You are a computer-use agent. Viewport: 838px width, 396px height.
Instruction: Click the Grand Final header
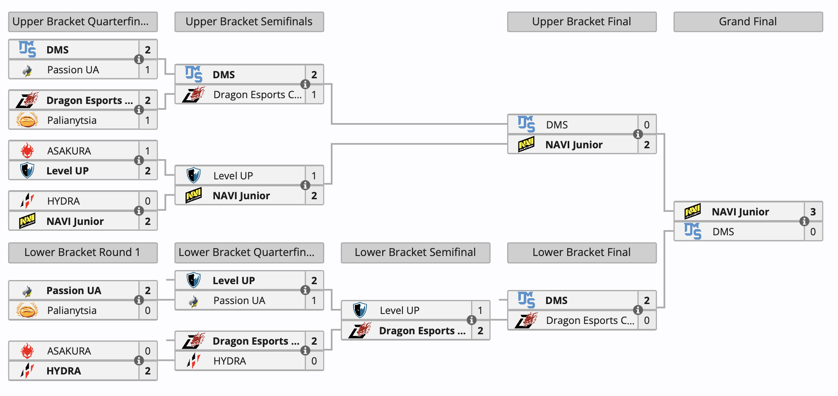pos(748,22)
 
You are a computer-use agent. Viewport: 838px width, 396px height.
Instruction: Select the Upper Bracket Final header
pos(581,22)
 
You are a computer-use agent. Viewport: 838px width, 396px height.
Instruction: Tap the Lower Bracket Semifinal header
pos(415,252)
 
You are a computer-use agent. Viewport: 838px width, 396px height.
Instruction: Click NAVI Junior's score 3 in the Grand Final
pos(813,212)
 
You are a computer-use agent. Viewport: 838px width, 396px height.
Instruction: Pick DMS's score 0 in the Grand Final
pos(813,232)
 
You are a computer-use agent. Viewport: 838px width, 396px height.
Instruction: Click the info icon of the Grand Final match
pos(804,221)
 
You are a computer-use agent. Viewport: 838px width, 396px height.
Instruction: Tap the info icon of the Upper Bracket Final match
pos(638,134)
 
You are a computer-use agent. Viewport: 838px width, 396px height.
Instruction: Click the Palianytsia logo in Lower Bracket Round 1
pos(27,310)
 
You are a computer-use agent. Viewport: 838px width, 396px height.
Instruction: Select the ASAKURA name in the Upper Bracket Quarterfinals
pos(69,151)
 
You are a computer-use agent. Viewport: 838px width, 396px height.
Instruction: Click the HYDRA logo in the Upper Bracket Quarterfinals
pos(27,201)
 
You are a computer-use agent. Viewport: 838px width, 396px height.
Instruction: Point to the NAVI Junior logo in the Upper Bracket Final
pos(526,145)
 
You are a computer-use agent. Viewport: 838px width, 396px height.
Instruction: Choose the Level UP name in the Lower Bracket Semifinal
pos(399,310)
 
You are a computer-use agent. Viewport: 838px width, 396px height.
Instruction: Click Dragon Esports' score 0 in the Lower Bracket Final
pos(646,320)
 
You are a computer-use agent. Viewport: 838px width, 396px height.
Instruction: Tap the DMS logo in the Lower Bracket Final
pos(526,300)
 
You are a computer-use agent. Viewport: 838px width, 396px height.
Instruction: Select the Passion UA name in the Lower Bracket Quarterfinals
pos(239,300)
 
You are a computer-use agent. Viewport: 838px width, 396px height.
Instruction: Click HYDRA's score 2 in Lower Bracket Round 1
pos(147,371)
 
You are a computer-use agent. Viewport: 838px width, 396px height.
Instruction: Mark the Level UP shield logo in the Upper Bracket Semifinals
pos(193,175)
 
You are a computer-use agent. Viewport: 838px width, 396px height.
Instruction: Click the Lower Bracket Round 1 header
pos(82,252)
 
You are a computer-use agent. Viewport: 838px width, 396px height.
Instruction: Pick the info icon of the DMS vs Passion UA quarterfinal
pos(139,59)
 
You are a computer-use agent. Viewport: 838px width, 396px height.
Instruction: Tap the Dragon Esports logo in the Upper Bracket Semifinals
pos(193,95)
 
